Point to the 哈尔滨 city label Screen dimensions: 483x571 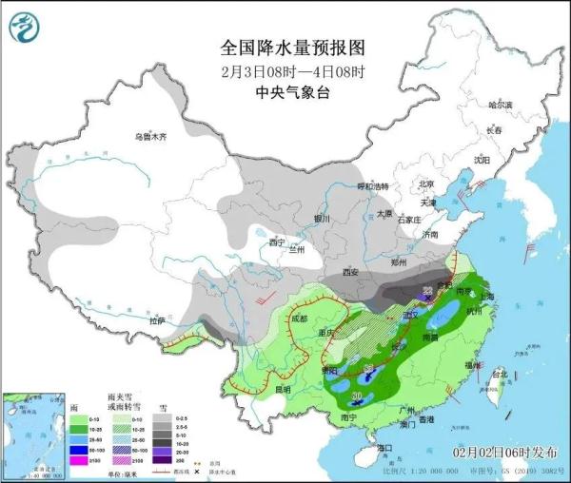point(500,105)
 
